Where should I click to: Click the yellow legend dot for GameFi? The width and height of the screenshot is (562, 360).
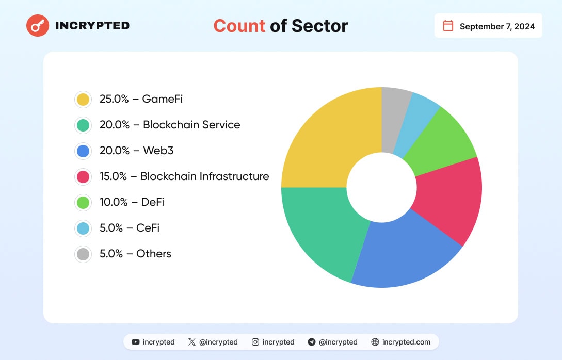83,99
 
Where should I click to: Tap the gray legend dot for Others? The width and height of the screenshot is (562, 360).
83,254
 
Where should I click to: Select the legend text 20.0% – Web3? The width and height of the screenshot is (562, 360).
136,151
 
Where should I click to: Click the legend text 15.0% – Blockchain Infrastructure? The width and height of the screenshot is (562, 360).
184,176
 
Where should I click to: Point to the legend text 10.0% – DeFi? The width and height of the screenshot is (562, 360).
132,202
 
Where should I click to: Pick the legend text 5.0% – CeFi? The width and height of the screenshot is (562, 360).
130,228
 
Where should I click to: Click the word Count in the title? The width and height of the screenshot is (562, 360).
239,26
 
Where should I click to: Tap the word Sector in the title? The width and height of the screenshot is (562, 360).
319,26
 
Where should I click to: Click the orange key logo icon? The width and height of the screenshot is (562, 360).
38,25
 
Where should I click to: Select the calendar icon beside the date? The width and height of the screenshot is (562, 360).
448,26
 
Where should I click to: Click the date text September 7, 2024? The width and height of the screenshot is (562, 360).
497,26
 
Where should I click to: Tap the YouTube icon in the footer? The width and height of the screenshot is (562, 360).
136,342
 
